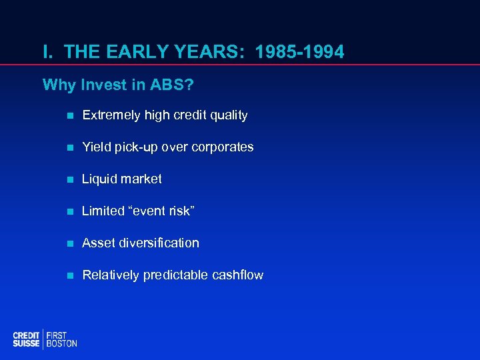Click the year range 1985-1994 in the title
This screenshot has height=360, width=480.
pos(301,51)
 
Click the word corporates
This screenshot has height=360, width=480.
pos(223,147)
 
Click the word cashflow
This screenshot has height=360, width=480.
pos(237,275)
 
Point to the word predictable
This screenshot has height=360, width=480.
pos(175,275)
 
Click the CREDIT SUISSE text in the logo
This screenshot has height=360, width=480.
pos(26,339)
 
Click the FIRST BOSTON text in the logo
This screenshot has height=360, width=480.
pos(61,339)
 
